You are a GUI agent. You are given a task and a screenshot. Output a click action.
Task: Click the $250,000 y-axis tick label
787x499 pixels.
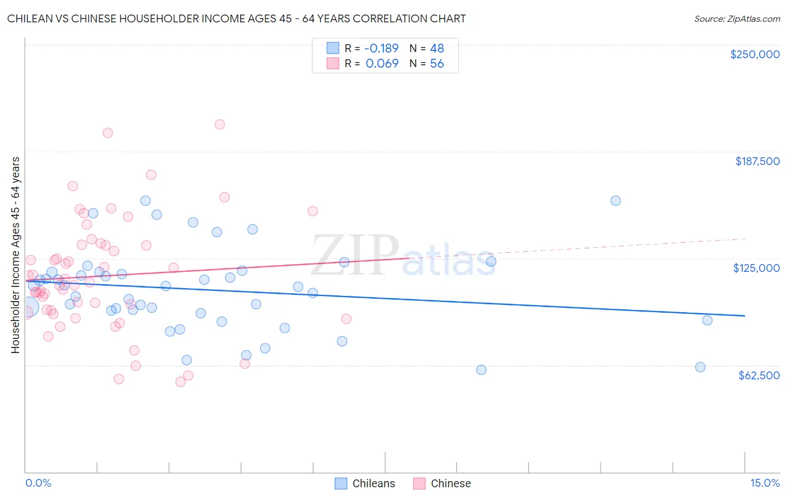pos(755,54)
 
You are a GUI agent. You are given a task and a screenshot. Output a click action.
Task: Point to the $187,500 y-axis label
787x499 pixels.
pos(757,161)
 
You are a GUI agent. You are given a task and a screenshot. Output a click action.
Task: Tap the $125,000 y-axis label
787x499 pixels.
pos(756,268)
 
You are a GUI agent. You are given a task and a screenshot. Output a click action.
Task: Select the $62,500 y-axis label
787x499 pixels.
pos(758,375)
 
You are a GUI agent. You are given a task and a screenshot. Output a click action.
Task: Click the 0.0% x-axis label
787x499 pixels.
pos(38,483)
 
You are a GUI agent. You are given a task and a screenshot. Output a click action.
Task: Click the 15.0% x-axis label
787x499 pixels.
pos(765,483)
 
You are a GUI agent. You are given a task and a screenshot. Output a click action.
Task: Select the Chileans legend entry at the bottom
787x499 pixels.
pos(365,483)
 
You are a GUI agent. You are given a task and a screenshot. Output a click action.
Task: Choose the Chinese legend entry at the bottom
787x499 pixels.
pos(442,483)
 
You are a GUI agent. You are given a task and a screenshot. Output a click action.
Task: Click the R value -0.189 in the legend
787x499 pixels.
pos(382,49)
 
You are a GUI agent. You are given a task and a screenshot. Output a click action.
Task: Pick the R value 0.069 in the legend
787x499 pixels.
pos(382,64)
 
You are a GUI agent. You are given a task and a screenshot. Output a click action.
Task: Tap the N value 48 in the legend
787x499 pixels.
pos(437,49)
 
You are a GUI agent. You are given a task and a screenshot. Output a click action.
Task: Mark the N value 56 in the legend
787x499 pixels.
pos(437,64)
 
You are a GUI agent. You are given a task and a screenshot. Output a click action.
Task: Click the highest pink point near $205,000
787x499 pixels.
pos(219,124)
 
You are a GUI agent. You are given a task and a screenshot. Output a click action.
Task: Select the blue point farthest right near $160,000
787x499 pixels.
pos(615,201)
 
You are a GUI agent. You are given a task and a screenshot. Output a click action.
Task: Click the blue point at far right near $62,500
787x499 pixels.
pos(700,367)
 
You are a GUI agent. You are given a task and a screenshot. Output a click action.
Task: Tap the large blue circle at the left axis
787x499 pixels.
pos(27,307)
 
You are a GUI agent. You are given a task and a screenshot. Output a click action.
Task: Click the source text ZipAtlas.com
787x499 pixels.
pos(737,18)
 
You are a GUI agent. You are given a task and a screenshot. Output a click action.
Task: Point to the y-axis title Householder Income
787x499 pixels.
pos(15,255)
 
